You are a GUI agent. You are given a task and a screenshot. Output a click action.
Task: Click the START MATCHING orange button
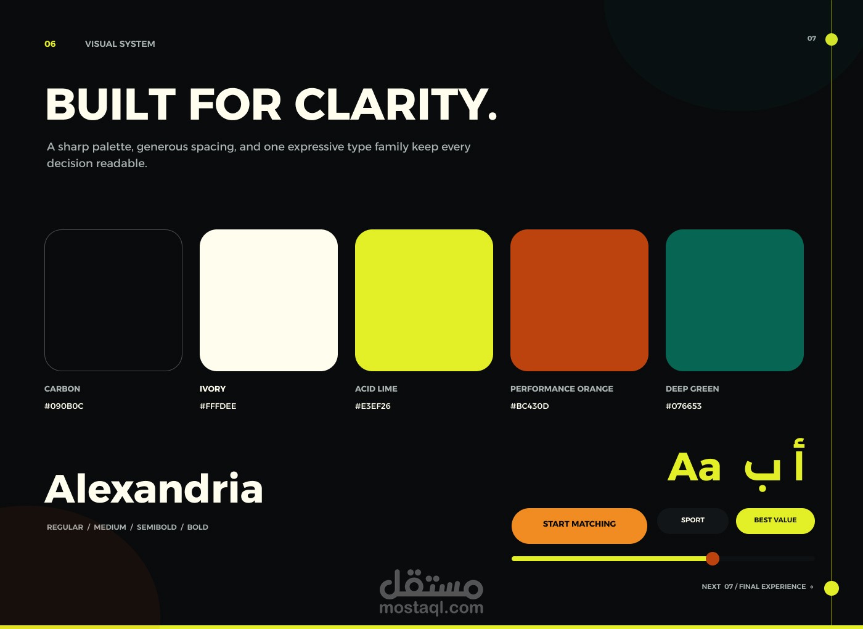[579, 525]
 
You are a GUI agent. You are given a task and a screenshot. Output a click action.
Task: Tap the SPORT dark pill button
[692, 520]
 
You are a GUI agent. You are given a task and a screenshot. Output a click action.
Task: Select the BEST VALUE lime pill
[775, 520]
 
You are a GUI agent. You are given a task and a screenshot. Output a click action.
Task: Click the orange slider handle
[713, 559]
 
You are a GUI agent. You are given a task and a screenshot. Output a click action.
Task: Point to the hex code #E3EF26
[372, 406]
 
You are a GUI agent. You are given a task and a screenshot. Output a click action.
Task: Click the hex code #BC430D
[530, 406]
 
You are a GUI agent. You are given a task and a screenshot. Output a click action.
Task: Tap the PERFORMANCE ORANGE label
[562, 388]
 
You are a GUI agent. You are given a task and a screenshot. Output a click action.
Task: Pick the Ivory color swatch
[269, 300]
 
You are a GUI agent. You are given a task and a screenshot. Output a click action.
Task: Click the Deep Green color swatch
[734, 300]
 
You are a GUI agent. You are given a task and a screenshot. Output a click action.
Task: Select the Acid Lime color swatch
[424, 300]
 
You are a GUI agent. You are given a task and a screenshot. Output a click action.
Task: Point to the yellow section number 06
[50, 44]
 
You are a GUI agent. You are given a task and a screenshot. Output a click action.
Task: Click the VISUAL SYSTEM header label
[120, 44]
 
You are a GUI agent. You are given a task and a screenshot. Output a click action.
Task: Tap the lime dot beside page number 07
[832, 39]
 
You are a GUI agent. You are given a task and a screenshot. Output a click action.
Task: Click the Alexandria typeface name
[153, 488]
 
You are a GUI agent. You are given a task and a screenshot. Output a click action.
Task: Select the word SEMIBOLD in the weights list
[157, 527]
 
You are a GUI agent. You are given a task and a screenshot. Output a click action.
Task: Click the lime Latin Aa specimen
[694, 467]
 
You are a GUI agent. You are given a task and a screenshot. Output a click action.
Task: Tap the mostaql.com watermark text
[431, 608]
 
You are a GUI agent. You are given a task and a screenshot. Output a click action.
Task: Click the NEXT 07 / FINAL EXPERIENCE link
[758, 586]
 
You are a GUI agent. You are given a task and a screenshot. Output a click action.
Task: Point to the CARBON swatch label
[62, 388]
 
